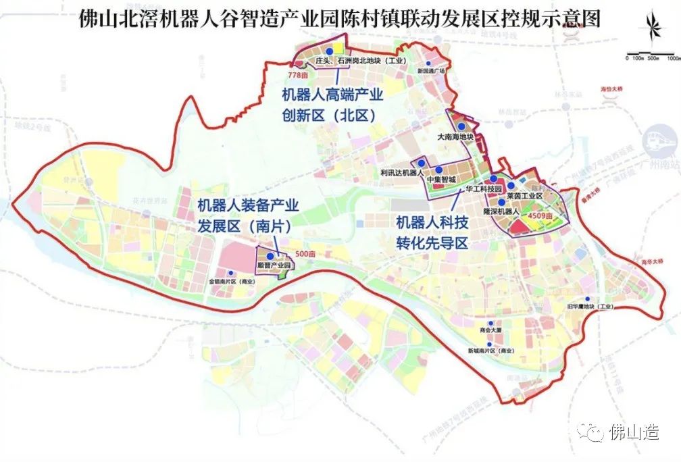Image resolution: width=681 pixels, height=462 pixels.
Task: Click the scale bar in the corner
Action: (653, 54)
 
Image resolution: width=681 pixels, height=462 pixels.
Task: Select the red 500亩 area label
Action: (305, 253)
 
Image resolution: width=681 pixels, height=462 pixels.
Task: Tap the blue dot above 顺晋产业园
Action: (270, 257)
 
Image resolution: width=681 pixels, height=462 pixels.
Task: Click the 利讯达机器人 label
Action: (401, 173)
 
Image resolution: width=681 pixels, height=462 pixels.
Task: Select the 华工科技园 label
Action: (484, 190)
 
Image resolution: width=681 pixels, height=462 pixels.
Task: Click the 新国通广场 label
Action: (432, 70)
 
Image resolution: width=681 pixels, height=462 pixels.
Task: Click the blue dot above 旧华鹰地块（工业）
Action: (587, 299)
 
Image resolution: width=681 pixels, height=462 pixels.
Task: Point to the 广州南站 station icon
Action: (659, 138)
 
